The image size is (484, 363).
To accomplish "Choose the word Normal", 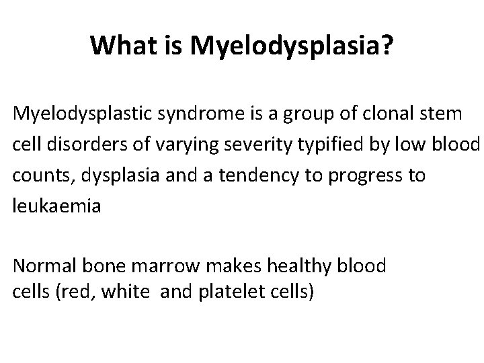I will tap(43, 266).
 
